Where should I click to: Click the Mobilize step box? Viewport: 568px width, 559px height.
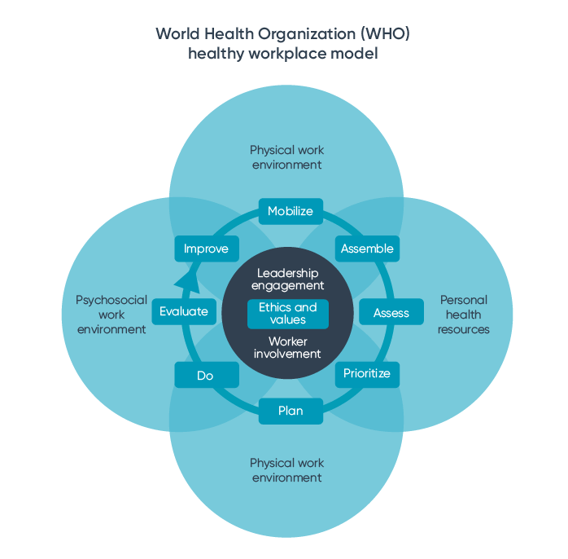(291, 211)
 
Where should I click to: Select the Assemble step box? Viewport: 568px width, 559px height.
(367, 249)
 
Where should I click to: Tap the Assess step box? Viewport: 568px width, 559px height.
(391, 313)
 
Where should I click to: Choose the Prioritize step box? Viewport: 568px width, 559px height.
(367, 374)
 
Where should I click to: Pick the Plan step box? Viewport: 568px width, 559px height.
(291, 411)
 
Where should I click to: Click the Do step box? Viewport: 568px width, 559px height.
(206, 375)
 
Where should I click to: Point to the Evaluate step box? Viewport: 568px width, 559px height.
(184, 311)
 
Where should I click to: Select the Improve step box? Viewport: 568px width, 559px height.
(207, 249)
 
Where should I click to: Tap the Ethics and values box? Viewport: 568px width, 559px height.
(288, 314)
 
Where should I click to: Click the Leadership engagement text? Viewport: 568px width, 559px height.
(288, 279)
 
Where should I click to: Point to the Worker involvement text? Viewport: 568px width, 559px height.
(288, 348)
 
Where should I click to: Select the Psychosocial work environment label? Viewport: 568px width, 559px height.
(111, 315)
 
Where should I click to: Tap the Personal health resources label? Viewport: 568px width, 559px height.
(464, 315)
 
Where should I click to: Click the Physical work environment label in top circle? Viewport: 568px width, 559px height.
(287, 157)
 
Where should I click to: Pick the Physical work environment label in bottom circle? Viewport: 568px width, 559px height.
(287, 470)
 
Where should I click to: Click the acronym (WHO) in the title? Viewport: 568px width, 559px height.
(386, 34)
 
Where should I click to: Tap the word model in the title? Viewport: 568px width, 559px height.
(355, 55)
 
